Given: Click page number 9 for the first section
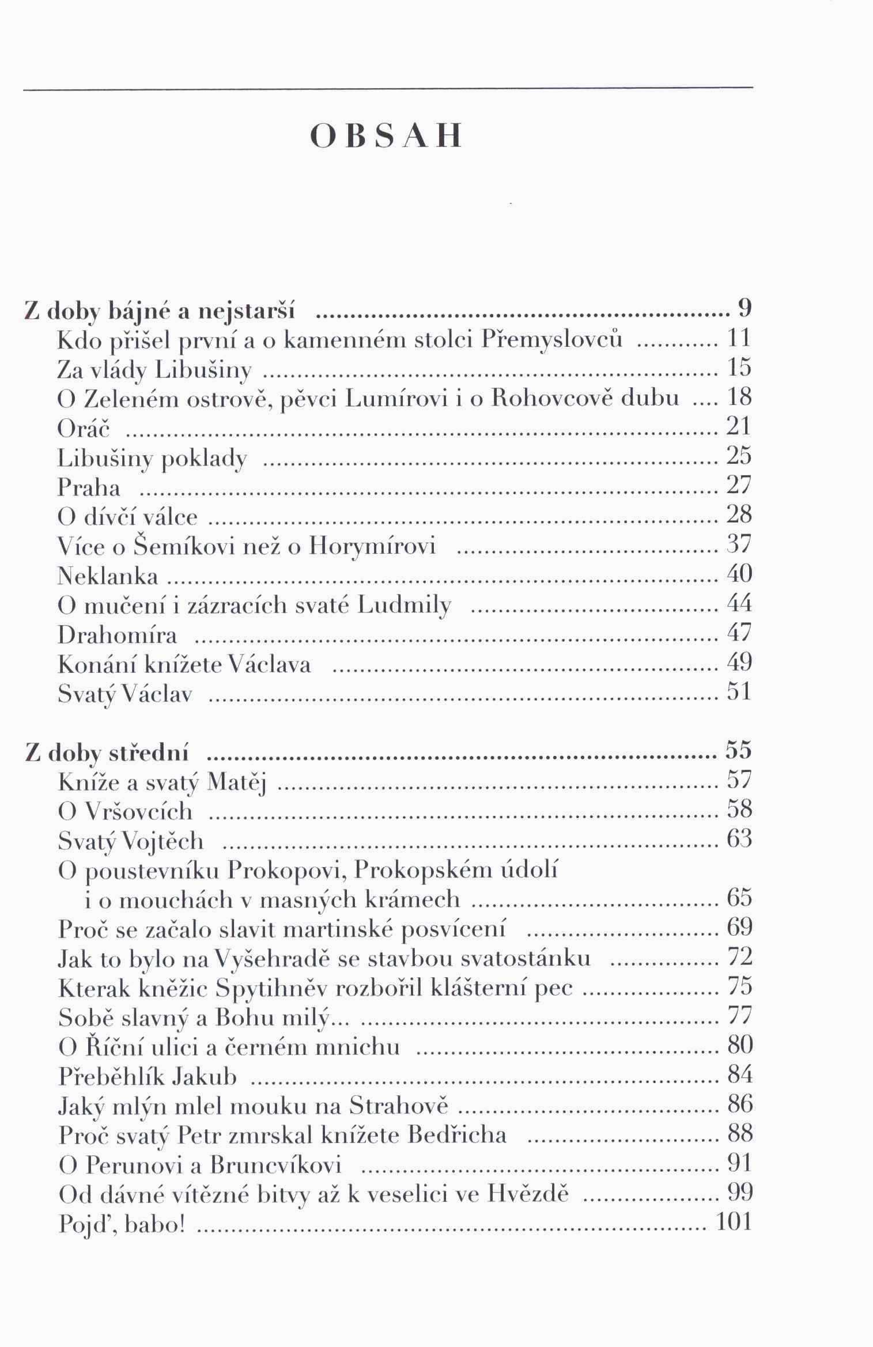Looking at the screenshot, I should point(744,309).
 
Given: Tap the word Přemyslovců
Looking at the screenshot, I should point(552,340).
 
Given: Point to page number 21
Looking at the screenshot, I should point(739,426).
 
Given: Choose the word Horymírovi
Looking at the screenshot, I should point(372,546).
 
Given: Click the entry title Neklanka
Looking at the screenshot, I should point(108,576).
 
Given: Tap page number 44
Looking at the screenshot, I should point(739,603).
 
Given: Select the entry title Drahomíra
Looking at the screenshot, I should point(117,635).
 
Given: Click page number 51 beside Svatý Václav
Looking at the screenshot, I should point(739,691).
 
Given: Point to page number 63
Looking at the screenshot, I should point(739,838).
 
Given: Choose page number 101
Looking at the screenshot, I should point(732,1221).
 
